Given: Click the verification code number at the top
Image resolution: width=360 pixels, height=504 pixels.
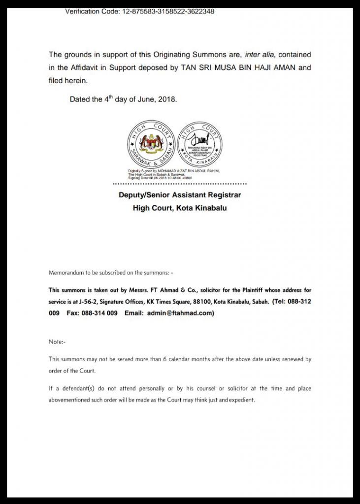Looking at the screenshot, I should tap(167, 11).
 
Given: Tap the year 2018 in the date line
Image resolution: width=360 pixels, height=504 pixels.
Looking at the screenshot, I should tap(167, 99).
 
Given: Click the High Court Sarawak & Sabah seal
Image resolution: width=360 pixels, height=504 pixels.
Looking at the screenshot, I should tap(152, 144).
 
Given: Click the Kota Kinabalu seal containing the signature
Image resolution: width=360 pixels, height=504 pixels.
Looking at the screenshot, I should tap(199, 144).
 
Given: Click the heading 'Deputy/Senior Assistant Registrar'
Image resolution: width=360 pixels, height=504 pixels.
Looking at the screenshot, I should tap(180, 195).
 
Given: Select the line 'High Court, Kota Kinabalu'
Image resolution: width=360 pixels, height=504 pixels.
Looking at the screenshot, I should tap(180, 208).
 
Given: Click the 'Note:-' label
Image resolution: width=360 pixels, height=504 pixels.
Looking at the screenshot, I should tap(57, 342).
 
